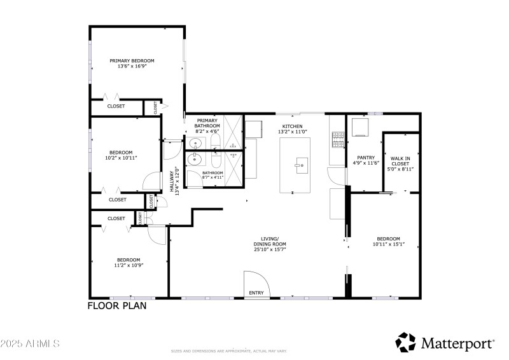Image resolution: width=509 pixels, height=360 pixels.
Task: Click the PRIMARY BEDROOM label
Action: [x=132, y=61]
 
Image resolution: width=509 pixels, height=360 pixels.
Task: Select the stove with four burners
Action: [x=337, y=135]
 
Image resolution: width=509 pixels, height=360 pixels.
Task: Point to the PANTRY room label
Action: [x=365, y=157]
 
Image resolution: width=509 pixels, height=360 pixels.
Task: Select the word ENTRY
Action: [x=256, y=293]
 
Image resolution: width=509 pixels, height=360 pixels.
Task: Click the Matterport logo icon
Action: [x=405, y=342]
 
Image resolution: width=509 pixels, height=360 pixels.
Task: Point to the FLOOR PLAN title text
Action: [x=117, y=306]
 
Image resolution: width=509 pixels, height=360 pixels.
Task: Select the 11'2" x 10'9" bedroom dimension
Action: [x=129, y=265]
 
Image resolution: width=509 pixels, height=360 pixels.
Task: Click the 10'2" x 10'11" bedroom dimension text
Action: [x=121, y=157]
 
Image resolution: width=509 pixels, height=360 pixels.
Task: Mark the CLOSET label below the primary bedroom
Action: [x=116, y=106]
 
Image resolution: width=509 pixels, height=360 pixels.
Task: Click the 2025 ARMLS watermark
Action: [x=30, y=343]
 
